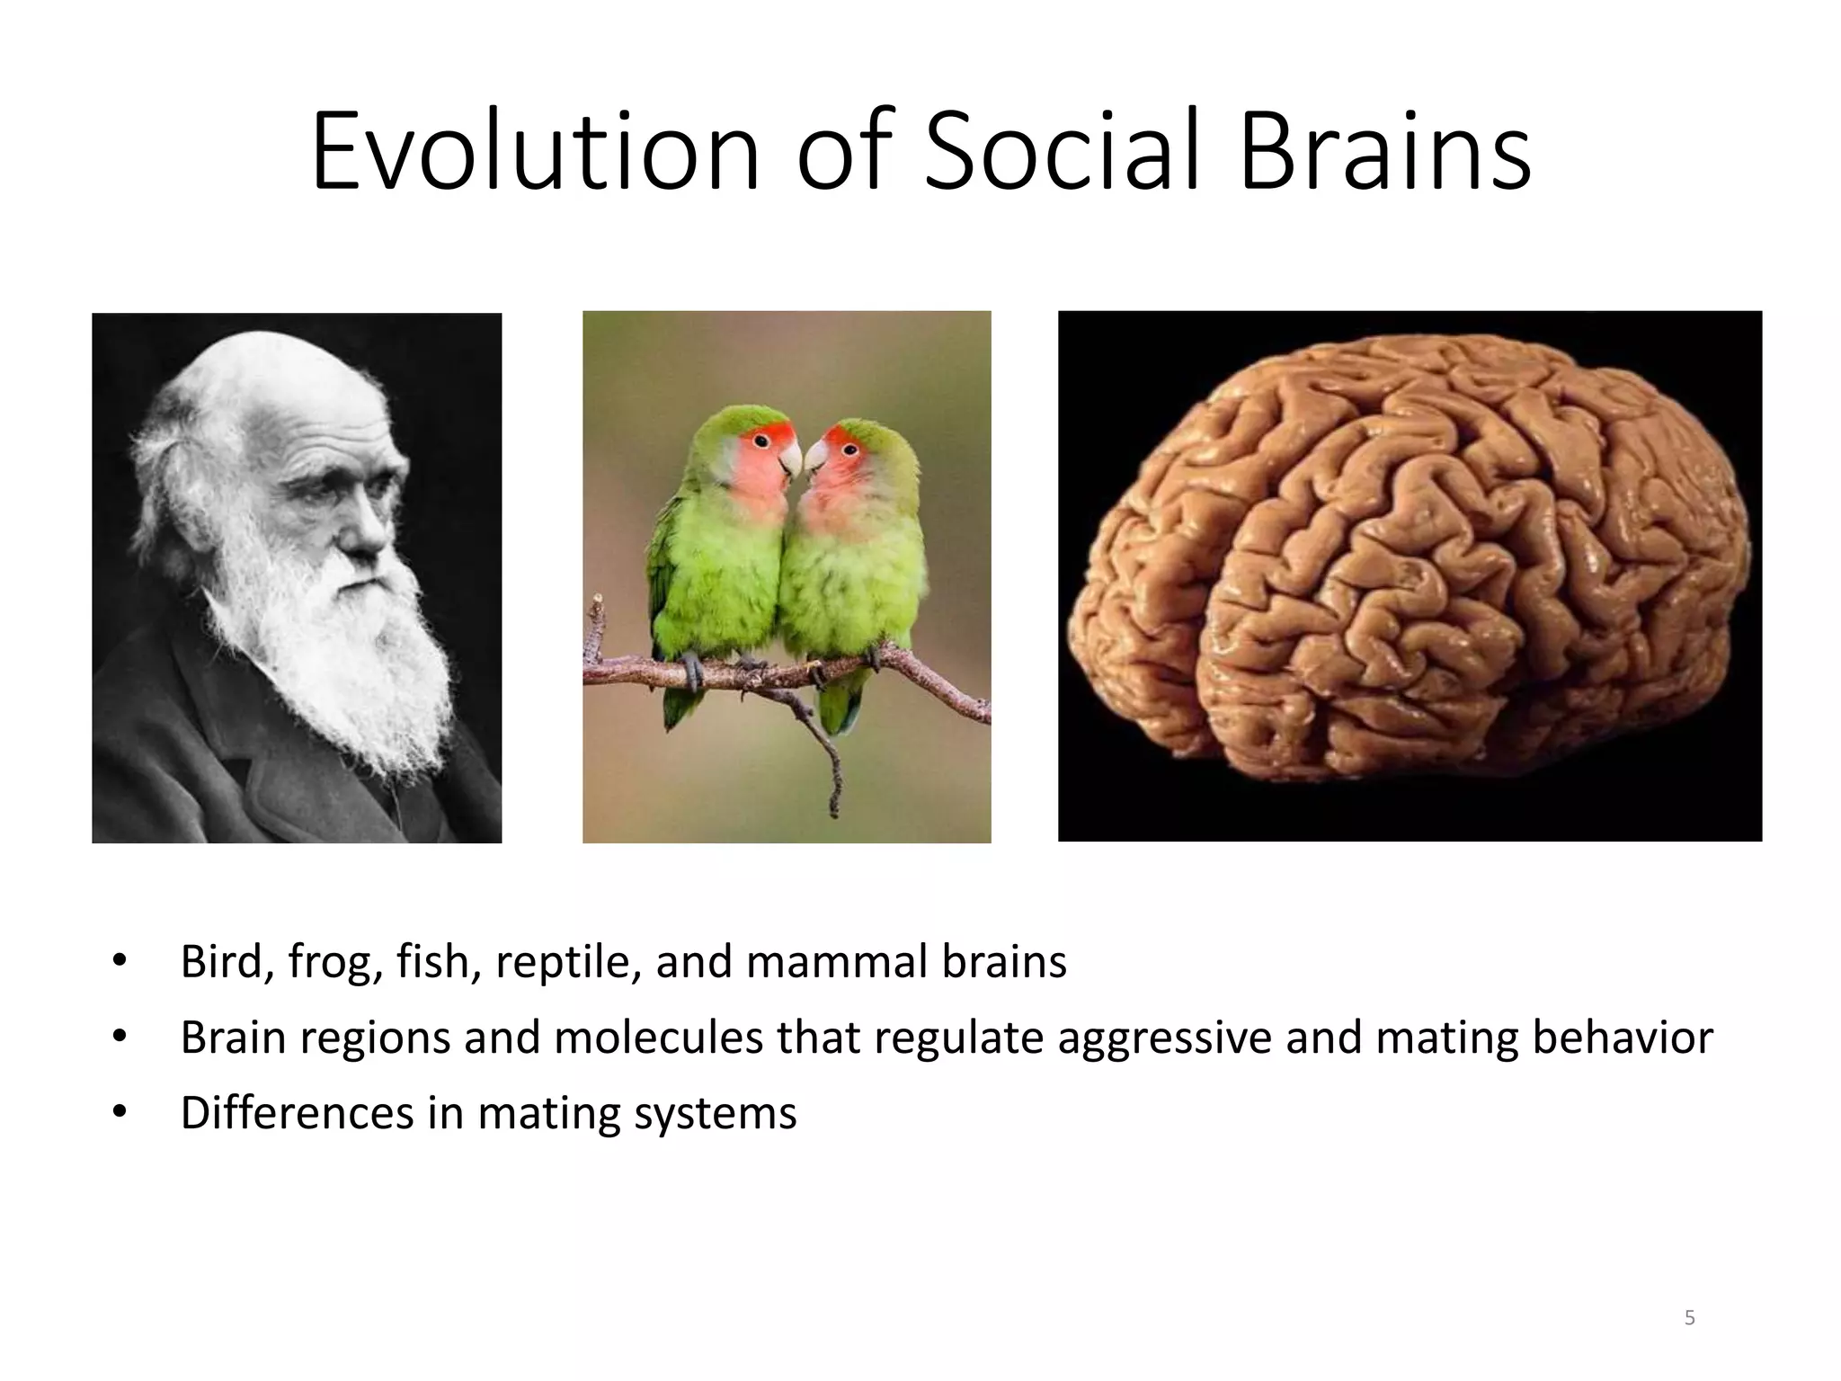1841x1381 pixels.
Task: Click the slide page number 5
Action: [1689, 1318]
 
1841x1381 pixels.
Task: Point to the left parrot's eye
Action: [761, 440]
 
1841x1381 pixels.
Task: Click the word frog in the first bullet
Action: [329, 962]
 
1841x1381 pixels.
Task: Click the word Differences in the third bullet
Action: [297, 1113]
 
